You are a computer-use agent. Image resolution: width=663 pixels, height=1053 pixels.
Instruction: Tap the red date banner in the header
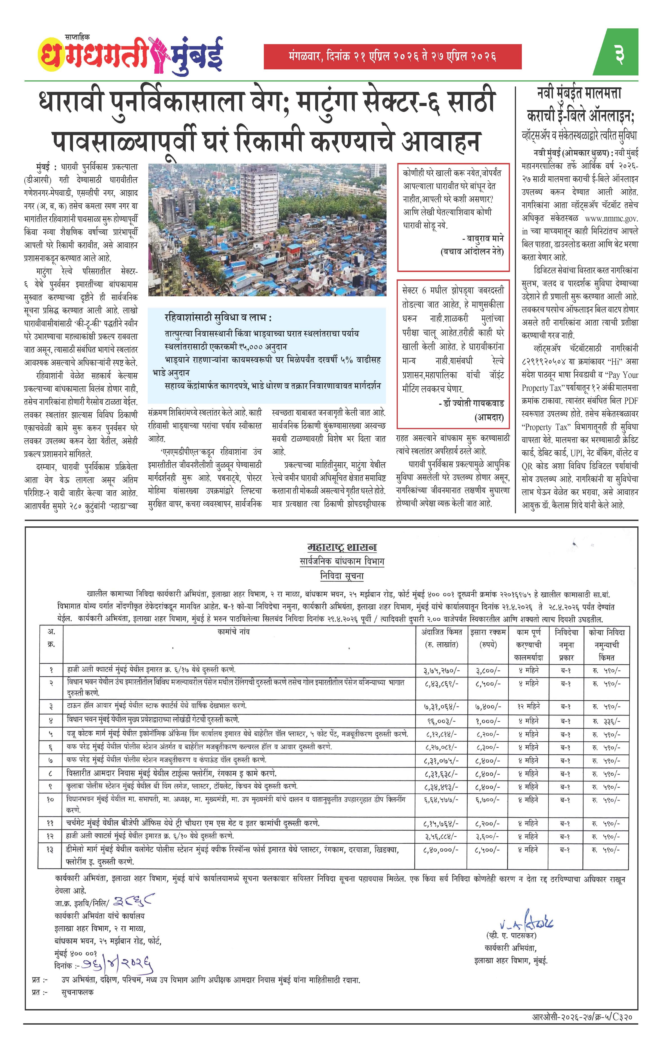pos(392,57)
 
